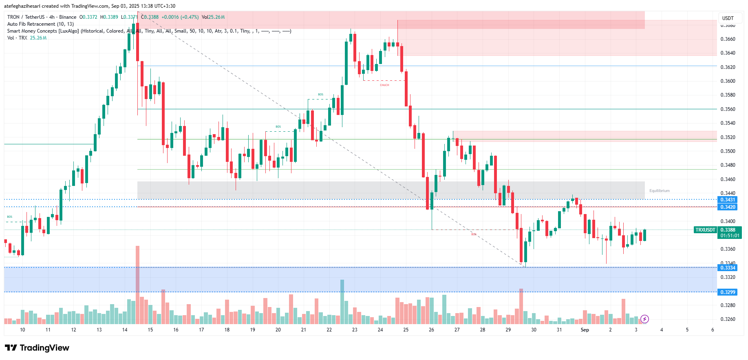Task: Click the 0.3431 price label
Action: (x=728, y=200)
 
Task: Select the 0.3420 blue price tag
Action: (x=728, y=207)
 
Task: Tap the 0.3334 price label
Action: (x=728, y=268)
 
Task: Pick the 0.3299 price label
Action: (x=728, y=292)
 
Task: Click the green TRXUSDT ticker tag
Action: (x=705, y=230)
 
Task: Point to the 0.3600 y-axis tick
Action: (x=728, y=81)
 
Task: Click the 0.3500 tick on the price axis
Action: (x=728, y=151)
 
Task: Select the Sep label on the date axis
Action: (x=585, y=330)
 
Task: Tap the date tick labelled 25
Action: (x=406, y=330)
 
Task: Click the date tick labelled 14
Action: (x=125, y=330)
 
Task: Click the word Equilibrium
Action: (x=659, y=191)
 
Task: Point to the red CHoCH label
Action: (x=384, y=85)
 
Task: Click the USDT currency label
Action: (x=728, y=18)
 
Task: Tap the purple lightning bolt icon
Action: (x=644, y=319)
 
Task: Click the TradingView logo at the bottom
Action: (x=37, y=348)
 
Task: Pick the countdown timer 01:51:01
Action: (x=730, y=236)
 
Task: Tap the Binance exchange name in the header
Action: (x=68, y=17)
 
